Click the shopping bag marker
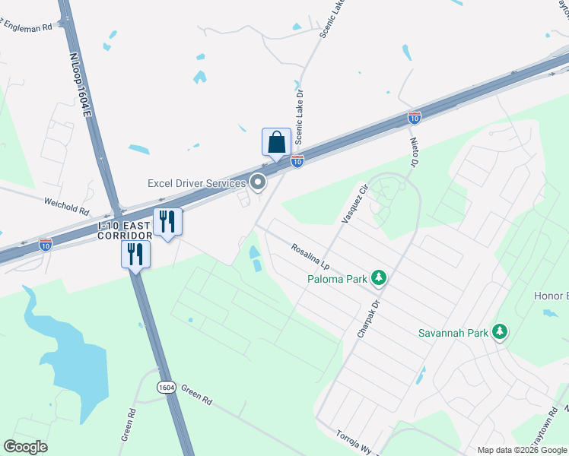pos(277,142)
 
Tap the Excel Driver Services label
pos(196,183)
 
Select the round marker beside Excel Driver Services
pos(258,182)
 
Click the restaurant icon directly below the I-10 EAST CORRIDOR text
pos(135,254)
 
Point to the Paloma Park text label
pos(339,280)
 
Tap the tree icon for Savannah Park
pos(500,332)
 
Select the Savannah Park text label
pos(453,333)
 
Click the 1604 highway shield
pos(167,388)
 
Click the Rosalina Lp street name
pos(310,255)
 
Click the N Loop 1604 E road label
pos(81,84)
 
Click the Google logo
pos(26,447)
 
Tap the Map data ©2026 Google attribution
pos(521,450)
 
